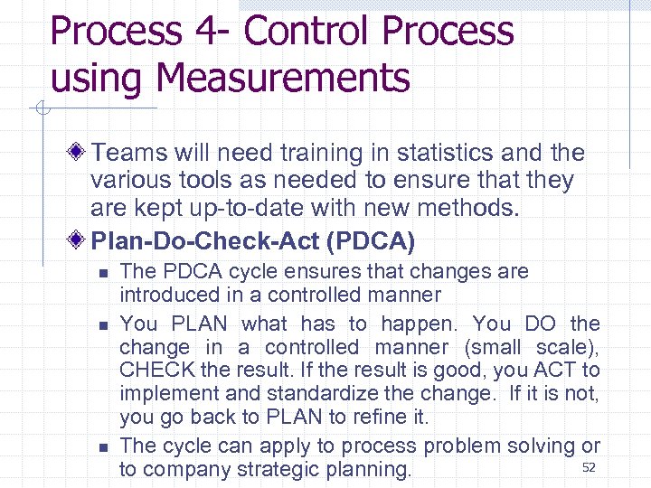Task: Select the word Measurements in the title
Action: [x=283, y=78]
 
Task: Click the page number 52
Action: [x=589, y=467]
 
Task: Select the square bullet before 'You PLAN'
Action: [x=103, y=324]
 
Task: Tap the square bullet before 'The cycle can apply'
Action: [x=103, y=447]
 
